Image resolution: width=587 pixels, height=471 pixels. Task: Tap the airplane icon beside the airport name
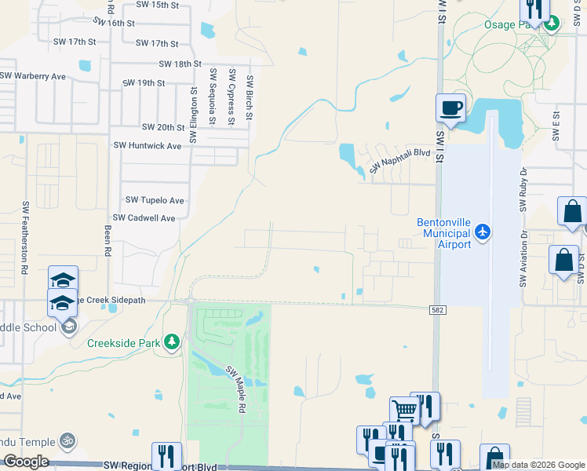483,232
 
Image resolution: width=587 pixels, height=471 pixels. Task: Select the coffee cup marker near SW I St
450,108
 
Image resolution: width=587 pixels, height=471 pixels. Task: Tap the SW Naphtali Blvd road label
399,161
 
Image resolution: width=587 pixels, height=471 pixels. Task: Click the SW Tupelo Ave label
155,200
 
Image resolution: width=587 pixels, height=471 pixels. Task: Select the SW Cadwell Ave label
144,217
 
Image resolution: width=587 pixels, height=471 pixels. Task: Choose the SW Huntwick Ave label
147,144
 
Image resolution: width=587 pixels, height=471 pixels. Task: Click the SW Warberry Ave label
32,76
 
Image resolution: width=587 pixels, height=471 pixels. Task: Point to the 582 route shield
439,311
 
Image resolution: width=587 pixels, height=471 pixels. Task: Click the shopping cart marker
405,410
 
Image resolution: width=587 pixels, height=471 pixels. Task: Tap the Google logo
26,462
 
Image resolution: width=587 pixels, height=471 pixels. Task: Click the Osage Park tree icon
552,24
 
